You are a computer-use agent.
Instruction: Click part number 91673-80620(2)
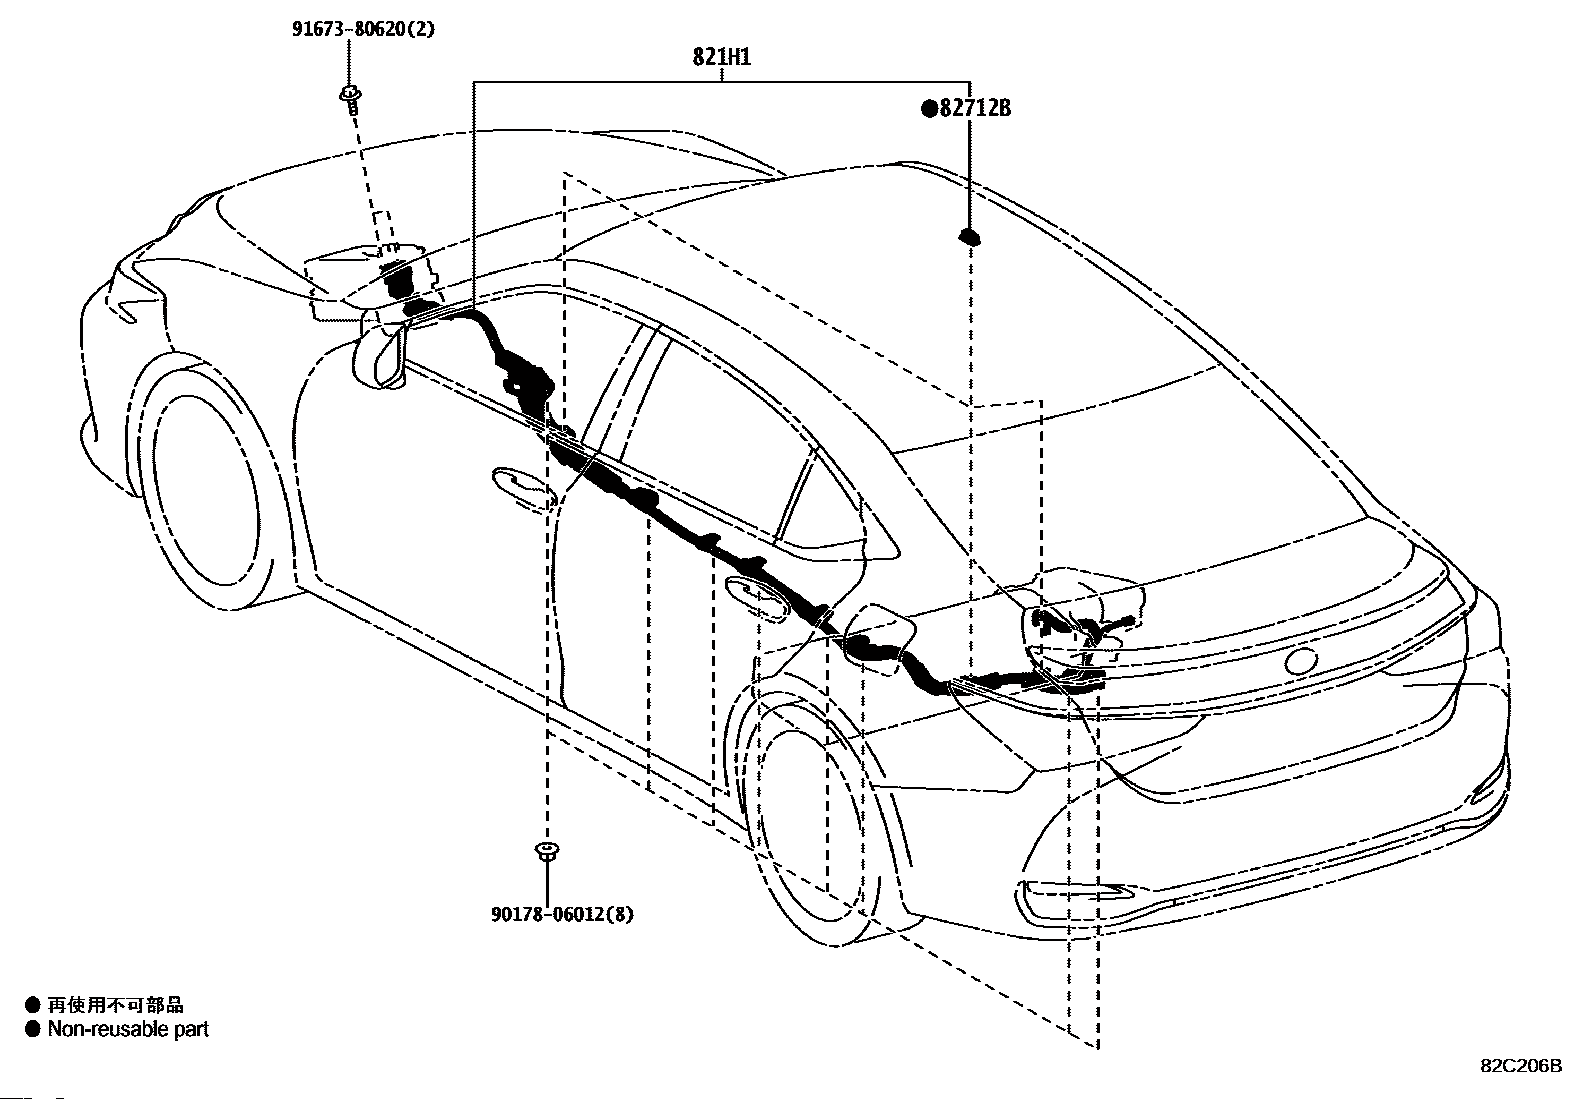[363, 29]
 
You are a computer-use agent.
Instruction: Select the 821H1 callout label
[721, 57]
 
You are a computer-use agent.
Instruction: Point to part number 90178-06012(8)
[562, 913]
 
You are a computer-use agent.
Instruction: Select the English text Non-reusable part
[128, 1029]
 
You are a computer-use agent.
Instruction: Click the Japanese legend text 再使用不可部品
[115, 1004]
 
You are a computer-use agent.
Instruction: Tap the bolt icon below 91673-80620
[350, 100]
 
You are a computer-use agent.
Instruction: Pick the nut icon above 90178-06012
[547, 852]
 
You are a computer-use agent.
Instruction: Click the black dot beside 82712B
[929, 109]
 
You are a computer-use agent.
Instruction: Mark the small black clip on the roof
[969, 237]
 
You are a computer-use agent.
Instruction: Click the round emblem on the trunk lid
[1301, 661]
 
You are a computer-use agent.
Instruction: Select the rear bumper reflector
[1073, 899]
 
